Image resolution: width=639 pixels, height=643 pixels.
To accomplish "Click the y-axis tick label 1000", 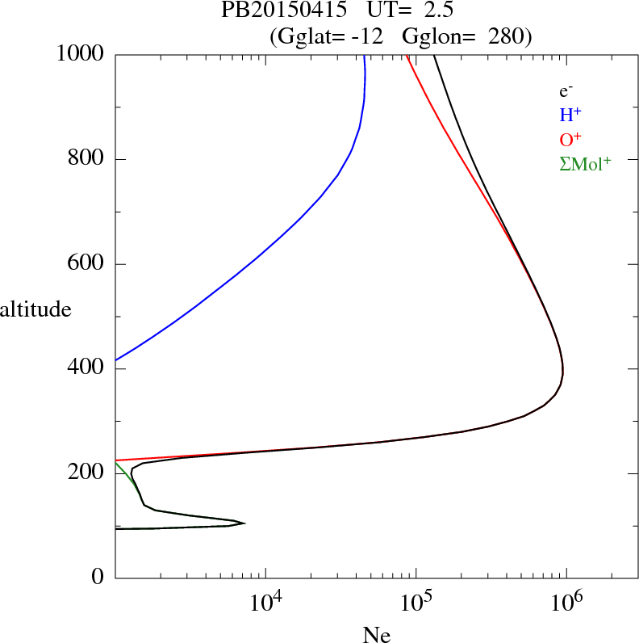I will [x=81, y=55].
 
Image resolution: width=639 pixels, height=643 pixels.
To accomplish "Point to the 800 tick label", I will [x=86, y=159].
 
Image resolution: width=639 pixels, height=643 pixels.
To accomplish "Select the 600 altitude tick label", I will [x=86, y=264].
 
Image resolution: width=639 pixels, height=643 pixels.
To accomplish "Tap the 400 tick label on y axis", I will [x=86, y=369].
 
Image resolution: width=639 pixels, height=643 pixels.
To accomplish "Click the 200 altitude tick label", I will [x=86, y=473].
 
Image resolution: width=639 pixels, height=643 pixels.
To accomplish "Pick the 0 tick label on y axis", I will [x=99, y=578].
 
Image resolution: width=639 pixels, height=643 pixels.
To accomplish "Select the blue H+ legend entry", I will [x=570, y=115].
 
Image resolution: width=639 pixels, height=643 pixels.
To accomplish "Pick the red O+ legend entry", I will [x=570, y=139].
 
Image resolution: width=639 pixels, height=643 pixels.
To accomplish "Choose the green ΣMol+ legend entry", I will [x=585, y=164].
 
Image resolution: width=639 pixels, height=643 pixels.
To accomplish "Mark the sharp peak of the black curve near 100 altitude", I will [x=244, y=523].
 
